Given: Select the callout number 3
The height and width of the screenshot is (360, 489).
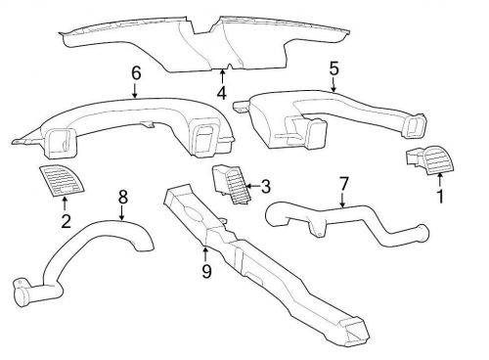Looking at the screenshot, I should [264, 186].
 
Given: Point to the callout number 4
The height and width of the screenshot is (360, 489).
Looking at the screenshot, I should [222, 95].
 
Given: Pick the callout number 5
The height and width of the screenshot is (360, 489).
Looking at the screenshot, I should [333, 68].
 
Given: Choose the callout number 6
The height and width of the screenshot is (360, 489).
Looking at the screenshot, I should [135, 72].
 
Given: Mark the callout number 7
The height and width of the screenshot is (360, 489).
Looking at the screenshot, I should [343, 184].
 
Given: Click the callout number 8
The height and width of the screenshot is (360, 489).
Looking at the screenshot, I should [122, 198].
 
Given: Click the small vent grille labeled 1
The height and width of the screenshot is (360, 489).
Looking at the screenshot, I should [424, 161].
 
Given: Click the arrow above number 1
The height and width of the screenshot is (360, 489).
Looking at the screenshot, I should [439, 181].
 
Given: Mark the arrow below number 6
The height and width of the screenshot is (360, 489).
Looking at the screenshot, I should [135, 90].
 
